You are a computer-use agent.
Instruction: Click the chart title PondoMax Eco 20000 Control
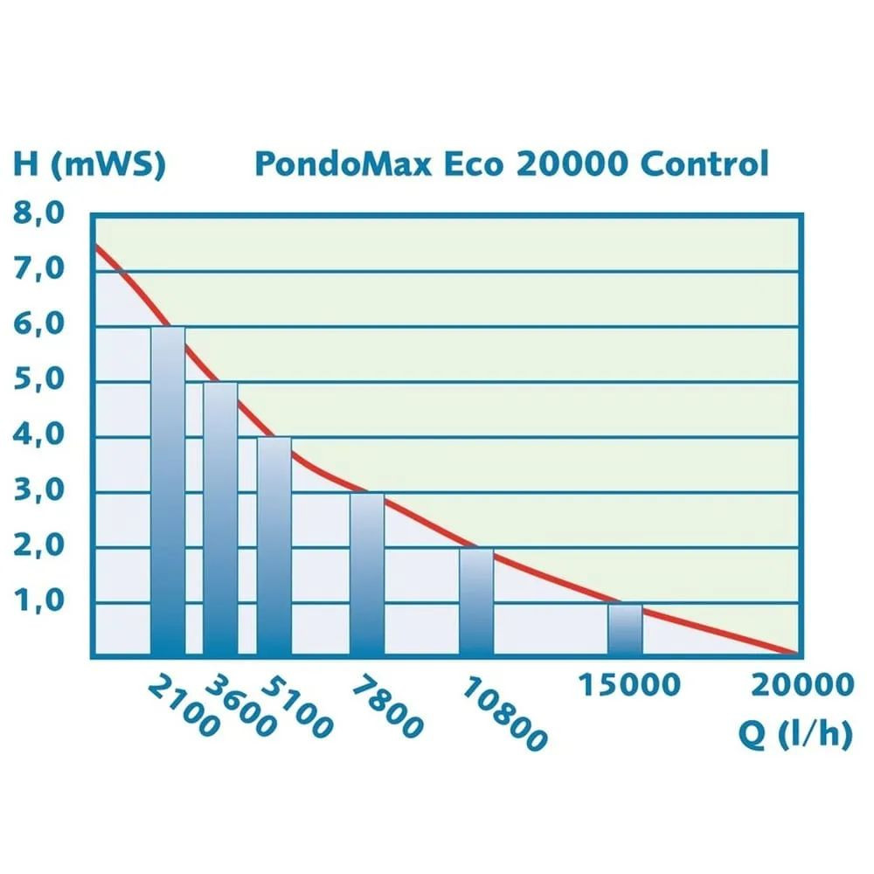click(x=511, y=164)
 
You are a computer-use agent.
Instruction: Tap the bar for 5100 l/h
click(x=274, y=546)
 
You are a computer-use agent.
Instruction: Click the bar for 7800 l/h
click(x=367, y=574)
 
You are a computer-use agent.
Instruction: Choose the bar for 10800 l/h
click(x=476, y=602)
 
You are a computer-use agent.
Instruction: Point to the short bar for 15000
click(x=625, y=629)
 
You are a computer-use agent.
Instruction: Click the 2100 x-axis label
click(x=183, y=706)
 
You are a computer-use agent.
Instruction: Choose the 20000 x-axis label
click(x=801, y=684)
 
